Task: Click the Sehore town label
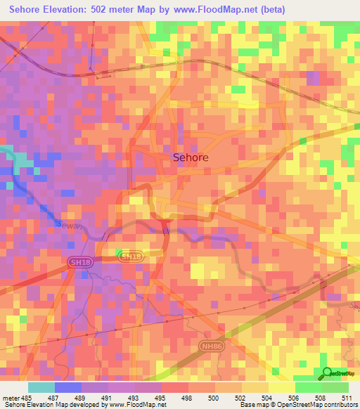[191, 158]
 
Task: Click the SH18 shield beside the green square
[131, 257]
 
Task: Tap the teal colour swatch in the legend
[40, 387]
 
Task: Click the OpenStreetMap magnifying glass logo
[327, 374]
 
